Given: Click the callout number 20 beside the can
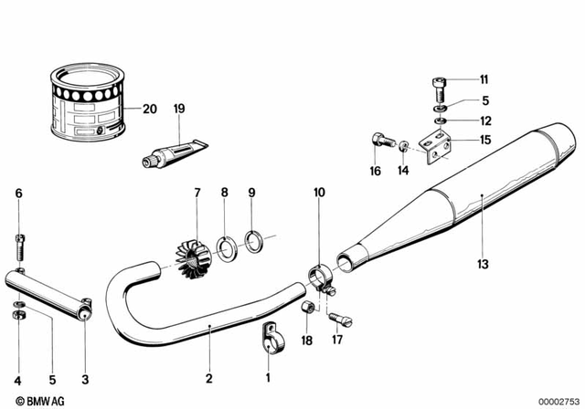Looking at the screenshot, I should click(x=149, y=109).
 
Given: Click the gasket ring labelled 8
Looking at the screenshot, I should click(x=226, y=246).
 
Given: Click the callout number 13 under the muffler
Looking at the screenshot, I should click(x=483, y=265).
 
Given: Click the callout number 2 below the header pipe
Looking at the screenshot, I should click(x=208, y=377).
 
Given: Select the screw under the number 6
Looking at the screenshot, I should click(x=20, y=245).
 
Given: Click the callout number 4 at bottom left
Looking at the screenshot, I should click(x=16, y=377).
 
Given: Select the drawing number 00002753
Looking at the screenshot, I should click(x=557, y=400).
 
